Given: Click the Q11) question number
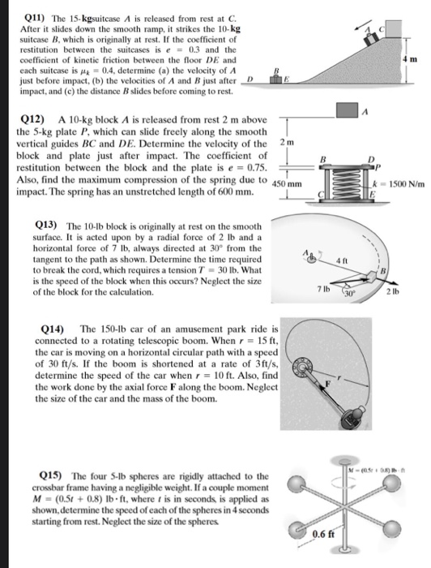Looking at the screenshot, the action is coord(36,18).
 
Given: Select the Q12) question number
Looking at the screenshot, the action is coord(33,119).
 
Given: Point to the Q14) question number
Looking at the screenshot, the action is coord(53,329).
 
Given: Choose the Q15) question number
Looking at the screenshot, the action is coord(50,475).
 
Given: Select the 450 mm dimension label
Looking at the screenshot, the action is coord(286,184).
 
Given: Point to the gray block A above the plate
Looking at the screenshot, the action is coord(347,110).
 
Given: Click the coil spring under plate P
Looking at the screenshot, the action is coord(346,183).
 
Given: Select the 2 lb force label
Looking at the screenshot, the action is coord(392,291).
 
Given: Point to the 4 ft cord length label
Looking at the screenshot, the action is coord(342,260).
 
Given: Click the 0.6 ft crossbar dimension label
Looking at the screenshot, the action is coord(323,534).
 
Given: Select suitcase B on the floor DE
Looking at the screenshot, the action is coord(276,79).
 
